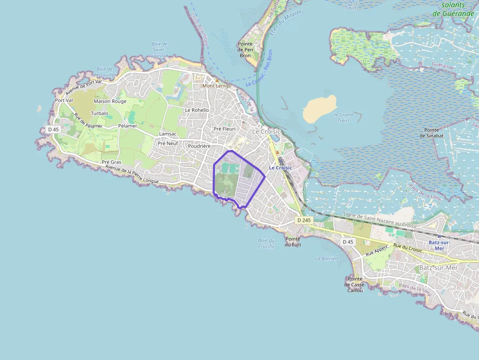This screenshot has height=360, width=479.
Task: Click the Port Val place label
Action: (64, 100)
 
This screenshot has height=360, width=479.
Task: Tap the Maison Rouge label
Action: (110, 101)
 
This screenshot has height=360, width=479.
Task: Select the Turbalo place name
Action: (99, 113)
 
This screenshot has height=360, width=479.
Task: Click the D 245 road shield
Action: (304, 220)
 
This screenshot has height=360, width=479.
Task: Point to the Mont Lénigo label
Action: (217, 85)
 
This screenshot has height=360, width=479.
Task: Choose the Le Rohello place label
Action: (196, 110)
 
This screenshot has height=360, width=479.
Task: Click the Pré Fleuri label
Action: (224, 129)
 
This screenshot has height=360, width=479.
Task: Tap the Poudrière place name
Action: (199, 146)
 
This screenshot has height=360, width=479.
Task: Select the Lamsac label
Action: (168, 134)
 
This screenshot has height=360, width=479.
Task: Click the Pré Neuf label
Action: (168, 144)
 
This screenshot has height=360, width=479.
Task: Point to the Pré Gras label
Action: (111, 162)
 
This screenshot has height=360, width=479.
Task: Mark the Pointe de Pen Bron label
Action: (245, 50)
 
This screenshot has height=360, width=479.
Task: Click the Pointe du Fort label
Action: (293, 242)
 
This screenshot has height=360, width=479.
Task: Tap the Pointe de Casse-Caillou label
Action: (355, 284)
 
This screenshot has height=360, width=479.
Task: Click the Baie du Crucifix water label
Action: (266, 243)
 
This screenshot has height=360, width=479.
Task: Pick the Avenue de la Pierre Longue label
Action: (132, 175)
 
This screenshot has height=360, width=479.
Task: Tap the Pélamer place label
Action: (128, 126)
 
